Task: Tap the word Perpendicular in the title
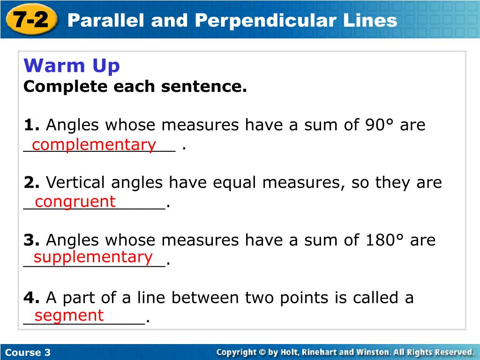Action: tap(266, 21)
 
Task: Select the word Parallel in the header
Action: tap(105, 20)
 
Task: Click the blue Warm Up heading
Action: tap(72, 66)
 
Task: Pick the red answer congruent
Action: tap(75, 202)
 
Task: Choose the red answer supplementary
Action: tap(93, 257)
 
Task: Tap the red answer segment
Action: tap(69, 315)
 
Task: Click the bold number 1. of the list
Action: tap(31, 125)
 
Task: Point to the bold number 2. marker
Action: tap(31, 182)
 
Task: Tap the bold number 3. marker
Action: tap(31, 240)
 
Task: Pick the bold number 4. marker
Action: tap(31, 298)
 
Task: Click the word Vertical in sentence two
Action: tap(75, 182)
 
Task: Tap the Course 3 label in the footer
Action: tap(28, 352)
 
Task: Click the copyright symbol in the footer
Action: tap(262, 352)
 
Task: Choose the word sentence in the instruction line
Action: tap(204, 87)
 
